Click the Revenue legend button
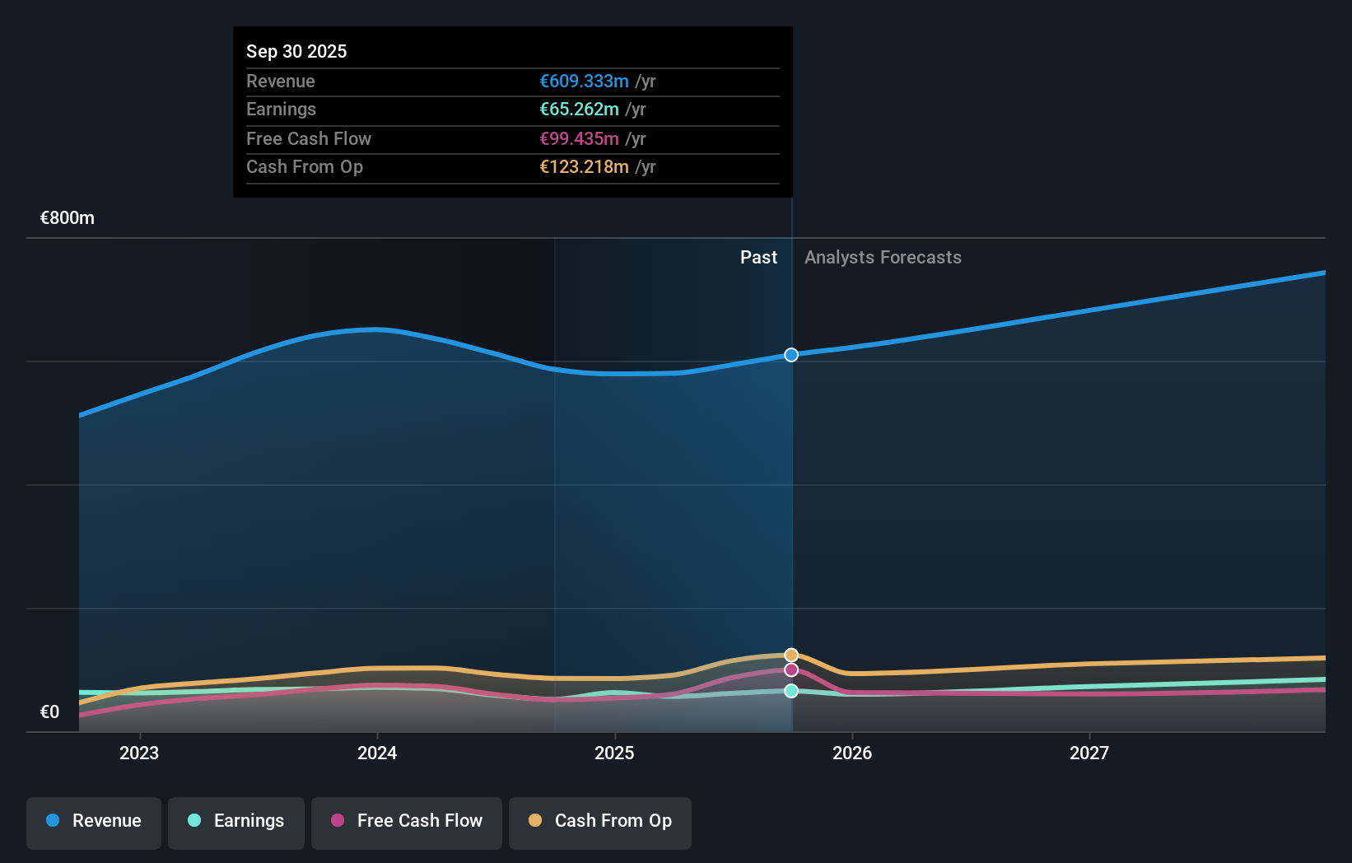[x=94, y=821]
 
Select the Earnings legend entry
[x=236, y=821]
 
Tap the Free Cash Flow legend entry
[x=407, y=821]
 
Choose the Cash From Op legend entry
[x=600, y=821]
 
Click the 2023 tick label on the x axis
[x=139, y=753]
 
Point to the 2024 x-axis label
[x=377, y=753]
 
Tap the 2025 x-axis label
[x=614, y=753]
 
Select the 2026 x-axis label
[x=852, y=753]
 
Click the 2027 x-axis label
[x=1089, y=753]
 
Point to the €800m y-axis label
[x=68, y=218]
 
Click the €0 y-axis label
[x=49, y=712]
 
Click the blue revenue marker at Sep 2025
[x=791, y=355]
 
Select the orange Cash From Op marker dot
[x=791, y=655]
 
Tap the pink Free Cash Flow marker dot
[x=791, y=670]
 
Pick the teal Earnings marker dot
[x=791, y=691]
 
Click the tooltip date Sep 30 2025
[x=296, y=51]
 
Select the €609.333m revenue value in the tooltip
[x=584, y=82]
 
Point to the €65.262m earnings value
[x=579, y=110]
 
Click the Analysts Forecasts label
[x=883, y=258]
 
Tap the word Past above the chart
[x=758, y=258]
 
